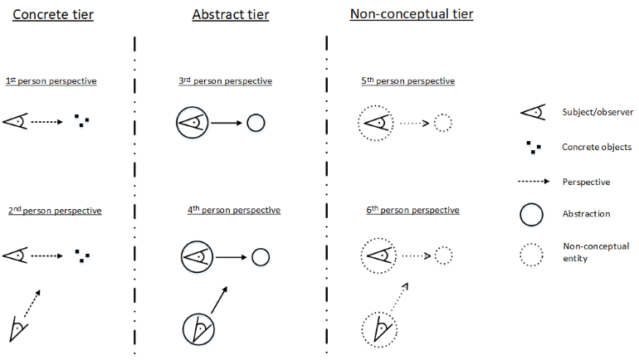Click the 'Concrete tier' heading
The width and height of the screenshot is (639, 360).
[53, 15]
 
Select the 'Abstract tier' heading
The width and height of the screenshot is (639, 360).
[231, 15]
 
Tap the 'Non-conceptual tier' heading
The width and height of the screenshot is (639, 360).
[412, 14]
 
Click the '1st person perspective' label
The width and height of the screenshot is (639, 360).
[51, 80]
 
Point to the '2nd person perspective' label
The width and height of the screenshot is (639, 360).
[55, 211]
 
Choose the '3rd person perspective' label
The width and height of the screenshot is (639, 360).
[226, 80]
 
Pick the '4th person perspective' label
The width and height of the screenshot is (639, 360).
[234, 210]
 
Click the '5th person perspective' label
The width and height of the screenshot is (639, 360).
[408, 80]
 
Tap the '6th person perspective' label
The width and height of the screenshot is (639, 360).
[412, 210]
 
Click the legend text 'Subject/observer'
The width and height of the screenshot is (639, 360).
[598, 112]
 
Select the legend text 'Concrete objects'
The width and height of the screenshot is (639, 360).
[597, 147]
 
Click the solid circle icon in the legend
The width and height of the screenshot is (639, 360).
[531, 203]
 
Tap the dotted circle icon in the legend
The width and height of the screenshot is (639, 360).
[531, 244]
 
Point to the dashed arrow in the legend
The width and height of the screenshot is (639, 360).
[534, 181]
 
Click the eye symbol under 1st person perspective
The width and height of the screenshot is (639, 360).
[15, 121]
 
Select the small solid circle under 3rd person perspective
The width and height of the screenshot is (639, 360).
[256, 114]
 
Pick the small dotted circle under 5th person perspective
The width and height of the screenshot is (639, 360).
[442, 114]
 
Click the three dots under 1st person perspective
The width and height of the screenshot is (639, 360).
[82, 121]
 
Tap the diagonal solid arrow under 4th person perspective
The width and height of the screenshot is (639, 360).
[219, 299]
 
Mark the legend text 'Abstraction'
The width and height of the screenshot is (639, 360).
[586, 214]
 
